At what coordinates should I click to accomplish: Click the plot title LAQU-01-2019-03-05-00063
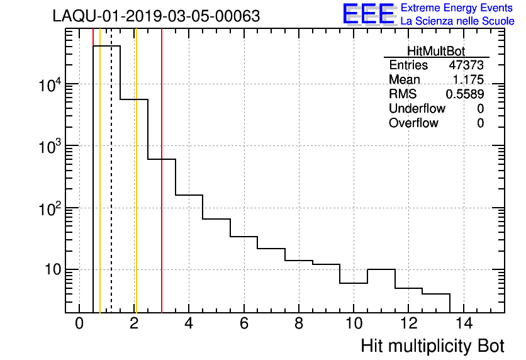[156, 16]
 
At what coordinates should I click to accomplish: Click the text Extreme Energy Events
[457, 8]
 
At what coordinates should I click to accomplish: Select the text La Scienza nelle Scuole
[457, 21]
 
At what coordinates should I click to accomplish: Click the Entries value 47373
[466, 65]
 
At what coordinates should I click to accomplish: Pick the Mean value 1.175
[468, 80]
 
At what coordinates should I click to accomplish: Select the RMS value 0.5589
[465, 94]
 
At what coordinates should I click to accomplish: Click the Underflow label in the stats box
[417, 109]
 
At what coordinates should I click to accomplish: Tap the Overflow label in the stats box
[413, 123]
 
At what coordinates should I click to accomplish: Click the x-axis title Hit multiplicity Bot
[432, 346]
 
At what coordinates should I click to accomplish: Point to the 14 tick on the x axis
[464, 324]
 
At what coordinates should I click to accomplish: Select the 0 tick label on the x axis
[79, 324]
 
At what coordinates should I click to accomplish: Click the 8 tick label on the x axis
[299, 324]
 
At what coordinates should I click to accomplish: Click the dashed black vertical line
[111, 189]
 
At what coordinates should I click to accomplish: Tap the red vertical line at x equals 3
[162, 189]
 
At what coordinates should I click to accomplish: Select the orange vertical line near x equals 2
[135, 189]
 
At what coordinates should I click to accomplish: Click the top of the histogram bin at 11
[381, 269]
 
